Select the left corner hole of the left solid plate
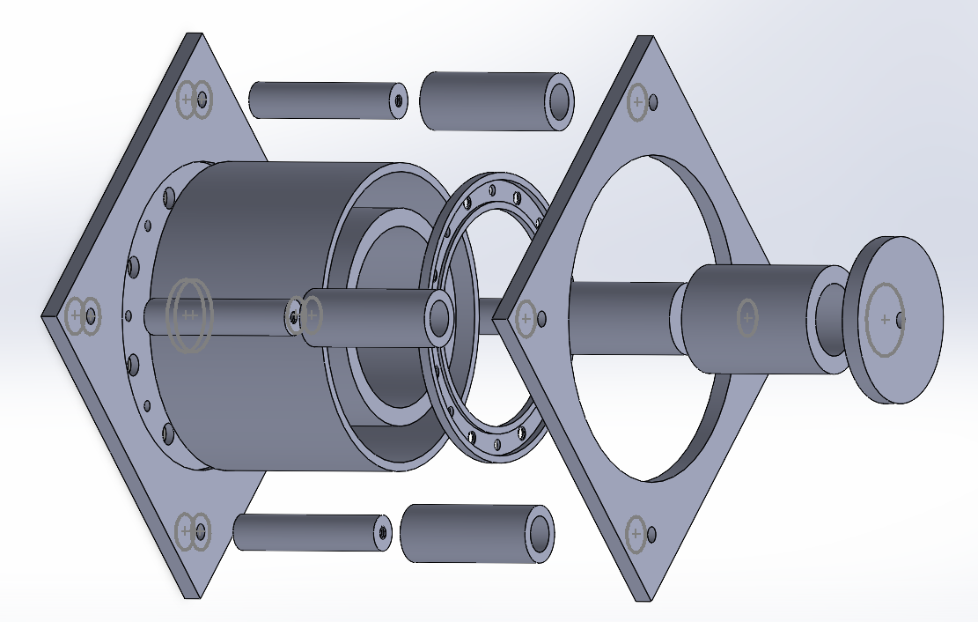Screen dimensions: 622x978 [91, 315]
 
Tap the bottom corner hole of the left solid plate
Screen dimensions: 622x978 [202, 531]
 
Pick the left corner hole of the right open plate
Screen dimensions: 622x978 [541, 318]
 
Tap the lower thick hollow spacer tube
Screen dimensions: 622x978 [467, 532]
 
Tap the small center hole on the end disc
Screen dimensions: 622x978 [899, 320]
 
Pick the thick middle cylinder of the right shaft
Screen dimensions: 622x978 [748, 317]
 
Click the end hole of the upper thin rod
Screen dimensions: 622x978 [399, 100]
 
